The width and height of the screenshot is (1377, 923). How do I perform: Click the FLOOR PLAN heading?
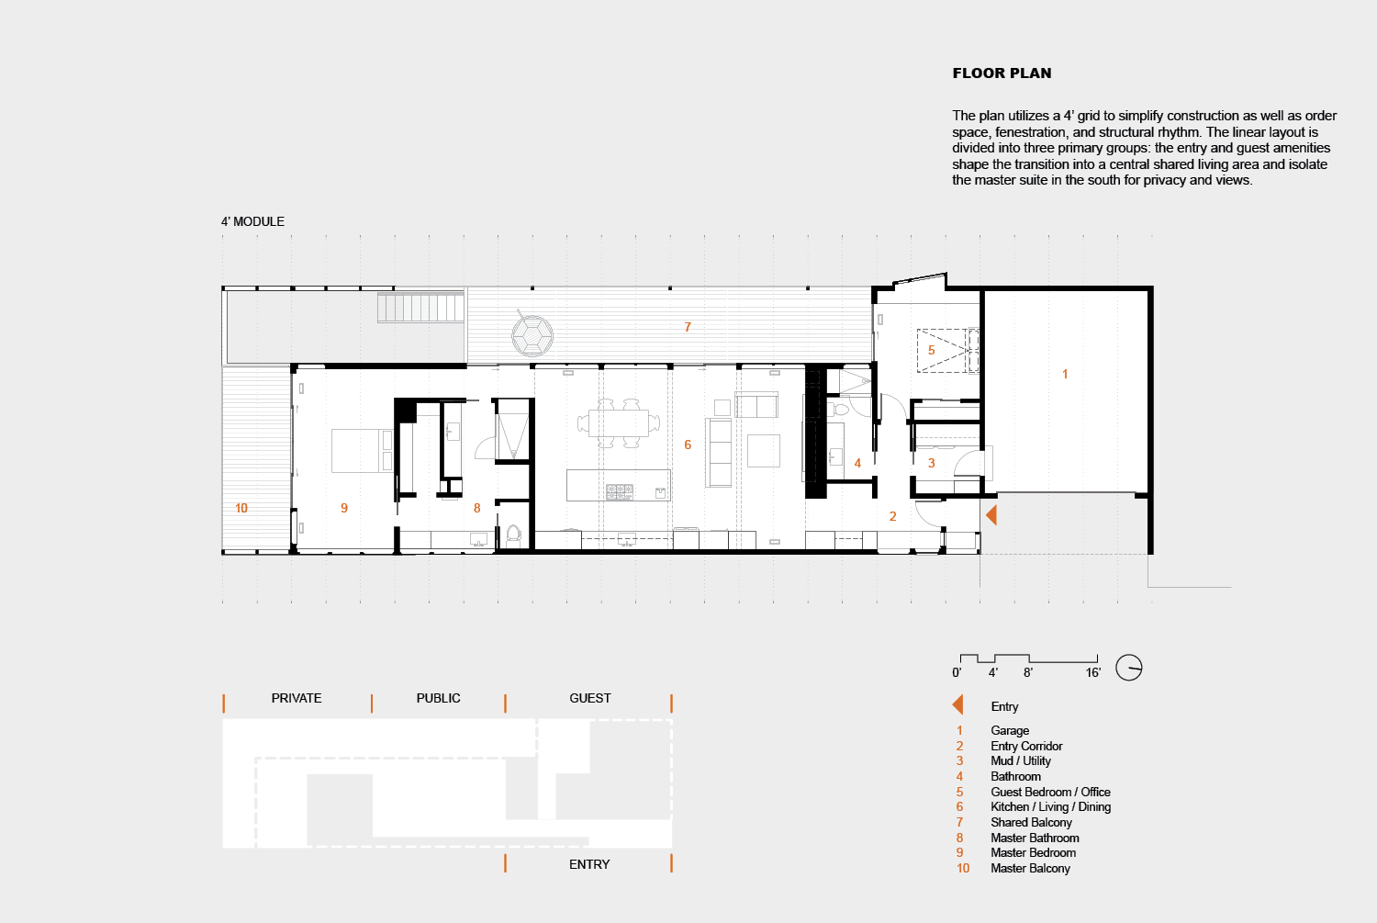(x=1002, y=73)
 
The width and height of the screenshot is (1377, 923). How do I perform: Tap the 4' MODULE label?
(x=252, y=221)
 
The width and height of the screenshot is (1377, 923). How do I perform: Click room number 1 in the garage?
(x=1065, y=374)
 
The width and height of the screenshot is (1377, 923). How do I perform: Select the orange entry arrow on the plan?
(x=991, y=515)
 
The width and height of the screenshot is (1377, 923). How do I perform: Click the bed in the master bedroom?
(x=362, y=451)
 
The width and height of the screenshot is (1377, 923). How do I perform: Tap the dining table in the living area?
(x=619, y=423)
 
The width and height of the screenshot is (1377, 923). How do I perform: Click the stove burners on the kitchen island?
(x=619, y=492)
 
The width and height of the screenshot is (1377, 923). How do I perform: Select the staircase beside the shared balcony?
(x=421, y=307)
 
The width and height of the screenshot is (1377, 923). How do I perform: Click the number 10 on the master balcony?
(x=241, y=508)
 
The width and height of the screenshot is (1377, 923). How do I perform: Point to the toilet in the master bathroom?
(x=513, y=535)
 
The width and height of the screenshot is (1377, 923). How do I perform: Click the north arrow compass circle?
(x=1128, y=667)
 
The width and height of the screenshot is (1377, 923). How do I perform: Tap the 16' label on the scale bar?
(x=1092, y=672)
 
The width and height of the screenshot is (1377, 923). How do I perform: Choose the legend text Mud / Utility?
(x=1021, y=760)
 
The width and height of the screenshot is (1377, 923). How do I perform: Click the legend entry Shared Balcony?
(x=1031, y=822)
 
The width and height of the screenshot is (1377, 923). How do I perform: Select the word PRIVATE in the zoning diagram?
(x=297, y=698)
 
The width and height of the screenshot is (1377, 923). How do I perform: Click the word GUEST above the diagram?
(x=590, y=698)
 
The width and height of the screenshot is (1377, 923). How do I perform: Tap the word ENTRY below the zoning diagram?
(x=589, y=864)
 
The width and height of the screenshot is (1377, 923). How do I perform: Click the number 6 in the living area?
(x=688, y=445)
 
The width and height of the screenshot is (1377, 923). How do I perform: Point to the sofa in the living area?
(x=718, y=453)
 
